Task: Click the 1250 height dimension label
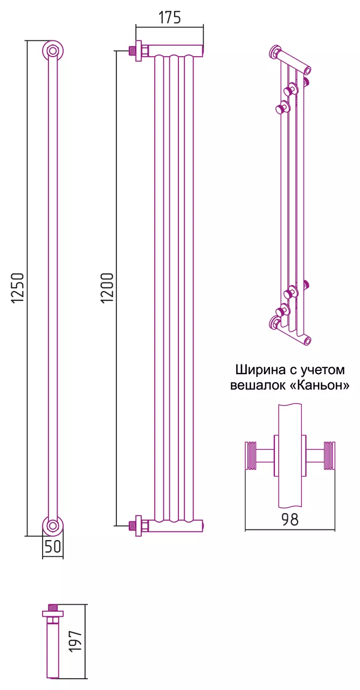click(18, 288)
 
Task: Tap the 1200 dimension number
click(108, 288)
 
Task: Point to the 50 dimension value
click(53, 547)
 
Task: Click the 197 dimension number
click(75, 641)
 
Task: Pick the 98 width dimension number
click(290, 520)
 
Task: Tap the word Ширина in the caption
click(260, 370)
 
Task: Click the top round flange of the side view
click(53, 51)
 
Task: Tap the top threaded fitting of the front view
click(133, 50)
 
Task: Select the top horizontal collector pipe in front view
click(175, 50)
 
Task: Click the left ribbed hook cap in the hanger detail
click(251, 456)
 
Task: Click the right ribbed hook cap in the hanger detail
click(329, 456)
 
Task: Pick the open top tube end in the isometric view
click(307, 70)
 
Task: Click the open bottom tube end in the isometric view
click(307, 341)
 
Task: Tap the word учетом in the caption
click(325, 370)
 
